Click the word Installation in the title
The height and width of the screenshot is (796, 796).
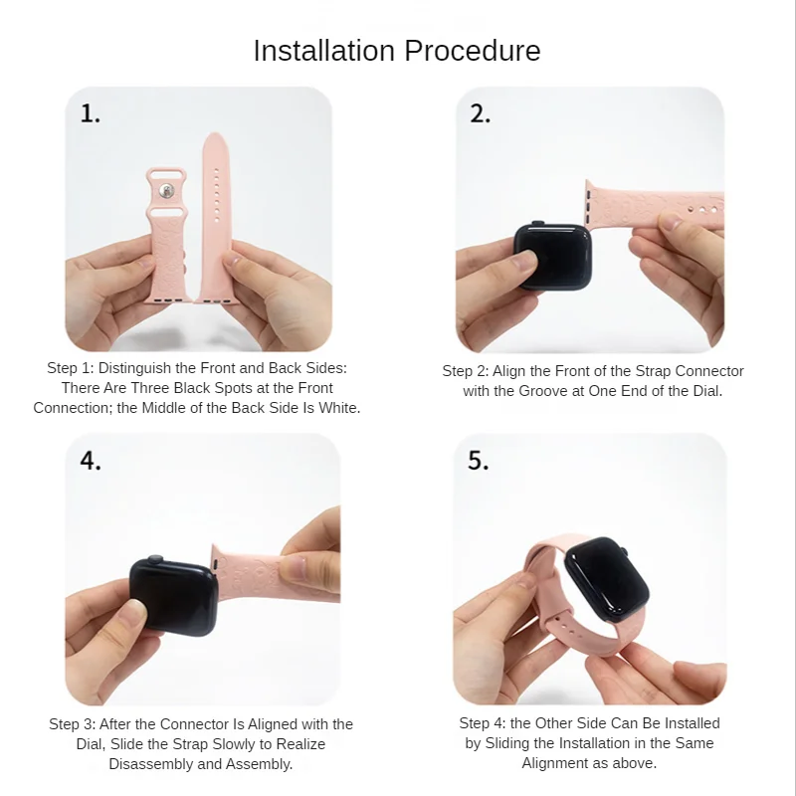click(324, 51)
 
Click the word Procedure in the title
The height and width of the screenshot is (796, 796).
click(472, 52)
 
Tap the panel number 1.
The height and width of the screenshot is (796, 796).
click(90, 113)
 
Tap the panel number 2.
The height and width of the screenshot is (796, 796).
click(480, 113)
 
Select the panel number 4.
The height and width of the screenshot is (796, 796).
click(91, 461)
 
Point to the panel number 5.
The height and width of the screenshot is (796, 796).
click(478, 461)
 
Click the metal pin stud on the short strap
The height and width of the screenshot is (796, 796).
click(165, 191)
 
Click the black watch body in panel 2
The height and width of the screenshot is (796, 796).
click(553, 257)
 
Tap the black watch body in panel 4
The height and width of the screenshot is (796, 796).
click(173, 595)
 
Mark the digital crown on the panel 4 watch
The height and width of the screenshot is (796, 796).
click(155, 559)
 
